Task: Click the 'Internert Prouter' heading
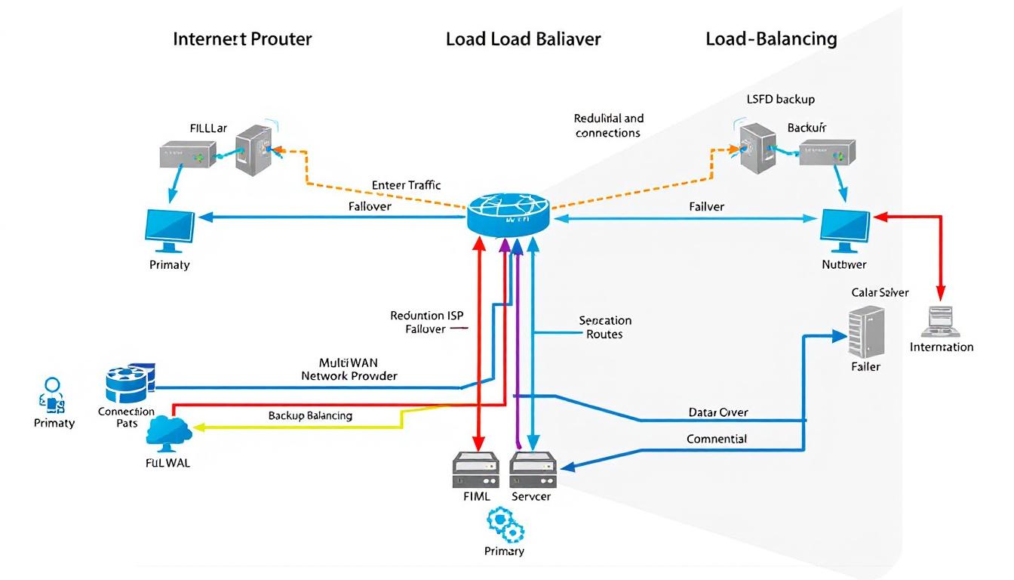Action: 242,39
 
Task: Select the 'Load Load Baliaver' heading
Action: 523,39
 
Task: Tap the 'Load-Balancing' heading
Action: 771,39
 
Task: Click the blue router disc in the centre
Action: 508,214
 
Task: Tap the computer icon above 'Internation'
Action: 940,322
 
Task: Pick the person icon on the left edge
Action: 52,393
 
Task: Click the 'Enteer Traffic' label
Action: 407,185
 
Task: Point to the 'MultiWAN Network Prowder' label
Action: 349,369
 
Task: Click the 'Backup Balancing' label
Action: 310,415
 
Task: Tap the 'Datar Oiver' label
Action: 718,412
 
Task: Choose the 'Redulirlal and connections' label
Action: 608,125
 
